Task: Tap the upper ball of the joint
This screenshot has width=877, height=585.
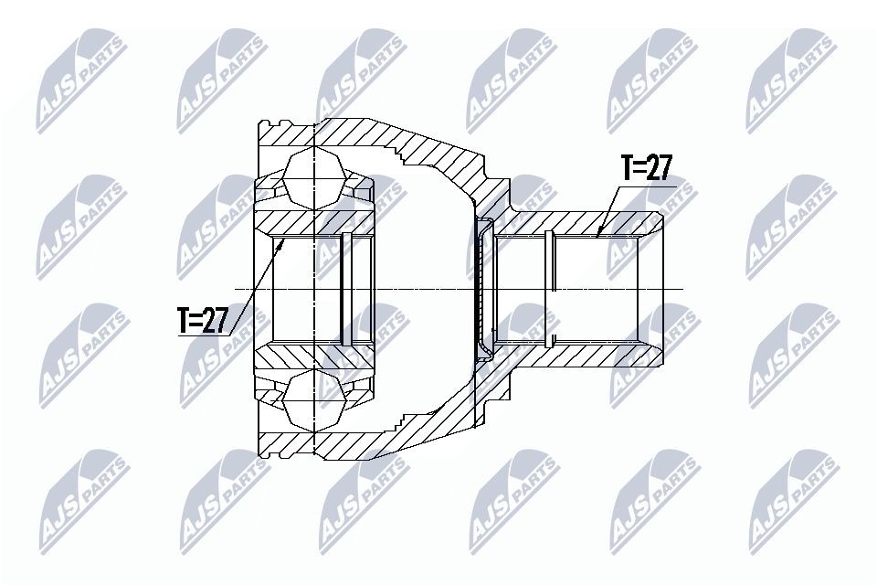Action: (314, 177)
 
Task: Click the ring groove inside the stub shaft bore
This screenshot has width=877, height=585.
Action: (549, 288)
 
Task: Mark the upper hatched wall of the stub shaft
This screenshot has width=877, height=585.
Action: (585, 222)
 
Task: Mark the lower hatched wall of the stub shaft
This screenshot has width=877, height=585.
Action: (585, 356)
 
